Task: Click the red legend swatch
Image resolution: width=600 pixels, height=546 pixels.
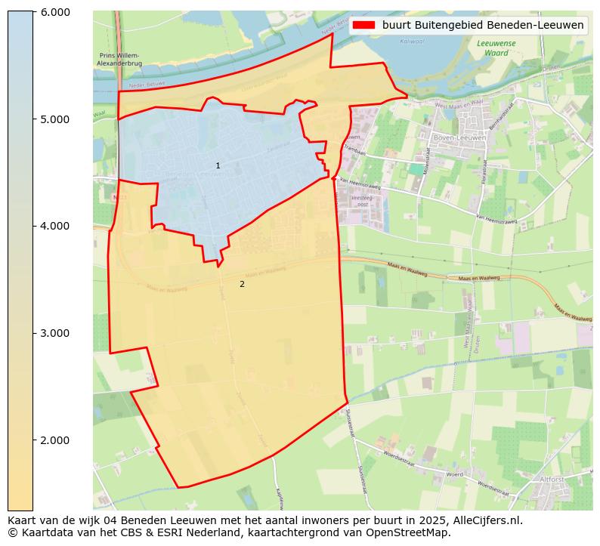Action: (x=363, y=25)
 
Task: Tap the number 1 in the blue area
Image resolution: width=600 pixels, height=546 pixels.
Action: (x=218, y=165)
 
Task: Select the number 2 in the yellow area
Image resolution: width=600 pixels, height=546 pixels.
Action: (x=242, y=284)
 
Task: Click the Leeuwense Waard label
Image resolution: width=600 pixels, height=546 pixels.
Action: (x=496, y=48)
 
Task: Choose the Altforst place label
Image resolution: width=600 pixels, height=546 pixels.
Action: (x=552, y=479)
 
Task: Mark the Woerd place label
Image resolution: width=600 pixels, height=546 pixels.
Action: (x=454, y=474)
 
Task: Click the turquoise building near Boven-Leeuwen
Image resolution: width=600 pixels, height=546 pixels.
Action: (x=416, y=169)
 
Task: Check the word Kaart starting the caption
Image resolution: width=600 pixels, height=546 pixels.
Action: (x=23, y=520)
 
